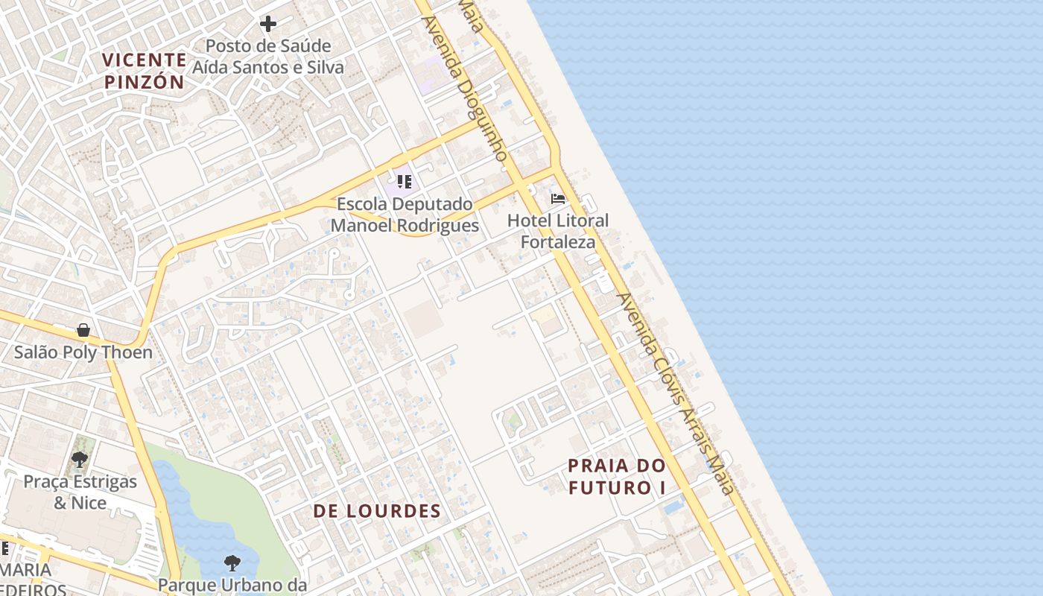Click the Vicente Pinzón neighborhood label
(144, 71)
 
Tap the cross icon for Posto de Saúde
(268, 24)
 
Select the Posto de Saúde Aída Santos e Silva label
(268, 57)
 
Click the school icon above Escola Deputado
(405, 182)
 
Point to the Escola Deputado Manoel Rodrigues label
(405, 215)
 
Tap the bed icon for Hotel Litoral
(558, 199)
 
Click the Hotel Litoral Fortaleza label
(558, 231)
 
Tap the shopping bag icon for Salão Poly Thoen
(83, 330)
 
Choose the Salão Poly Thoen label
(83, 352)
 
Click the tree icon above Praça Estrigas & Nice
(80, 460)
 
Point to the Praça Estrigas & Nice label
(80, 492)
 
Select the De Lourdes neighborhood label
(376, 511)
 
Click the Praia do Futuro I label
(617, 477)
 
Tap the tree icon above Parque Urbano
(232, 562)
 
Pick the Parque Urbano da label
(232, 585)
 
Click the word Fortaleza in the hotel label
(558, 242)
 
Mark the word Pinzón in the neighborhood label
(144, 82)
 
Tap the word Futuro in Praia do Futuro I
(609, 488)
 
